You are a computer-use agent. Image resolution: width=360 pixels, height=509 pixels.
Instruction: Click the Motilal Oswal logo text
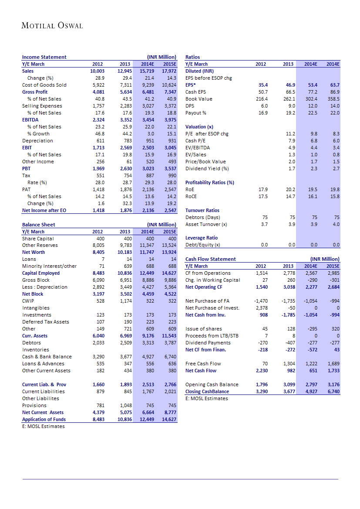click(52, 26)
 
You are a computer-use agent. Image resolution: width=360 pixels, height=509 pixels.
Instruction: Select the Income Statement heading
click(44, 57)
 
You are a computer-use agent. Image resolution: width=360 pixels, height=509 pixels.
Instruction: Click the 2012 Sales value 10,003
click(97, 71)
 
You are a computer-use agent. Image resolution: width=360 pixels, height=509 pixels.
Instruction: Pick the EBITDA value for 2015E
click(168, 120)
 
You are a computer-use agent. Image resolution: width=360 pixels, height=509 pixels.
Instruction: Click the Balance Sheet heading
click(39, 225)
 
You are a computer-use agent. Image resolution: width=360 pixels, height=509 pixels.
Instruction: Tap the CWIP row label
click(29, 301)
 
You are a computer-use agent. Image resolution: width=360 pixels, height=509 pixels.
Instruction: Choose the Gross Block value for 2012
click(98, 280)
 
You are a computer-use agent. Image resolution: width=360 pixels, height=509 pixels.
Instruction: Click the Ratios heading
click(192, 57)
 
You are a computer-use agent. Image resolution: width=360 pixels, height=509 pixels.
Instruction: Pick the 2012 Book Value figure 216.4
click(261, 99)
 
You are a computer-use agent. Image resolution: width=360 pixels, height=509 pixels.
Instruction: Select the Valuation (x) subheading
click(199, 127)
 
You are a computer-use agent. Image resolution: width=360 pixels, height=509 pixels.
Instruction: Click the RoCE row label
click(192, 196)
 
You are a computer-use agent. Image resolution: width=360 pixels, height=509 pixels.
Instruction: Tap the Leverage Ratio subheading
click(202, 238)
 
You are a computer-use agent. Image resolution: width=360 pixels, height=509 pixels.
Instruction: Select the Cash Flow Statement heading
click(211, 259)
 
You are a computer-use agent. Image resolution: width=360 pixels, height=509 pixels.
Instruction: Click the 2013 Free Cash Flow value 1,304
click(289, 364)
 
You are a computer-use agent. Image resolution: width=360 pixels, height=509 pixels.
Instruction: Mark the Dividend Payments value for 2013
click(290, 343)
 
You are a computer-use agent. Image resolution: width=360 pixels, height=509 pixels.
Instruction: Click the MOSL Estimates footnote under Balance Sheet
click(44, 426)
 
